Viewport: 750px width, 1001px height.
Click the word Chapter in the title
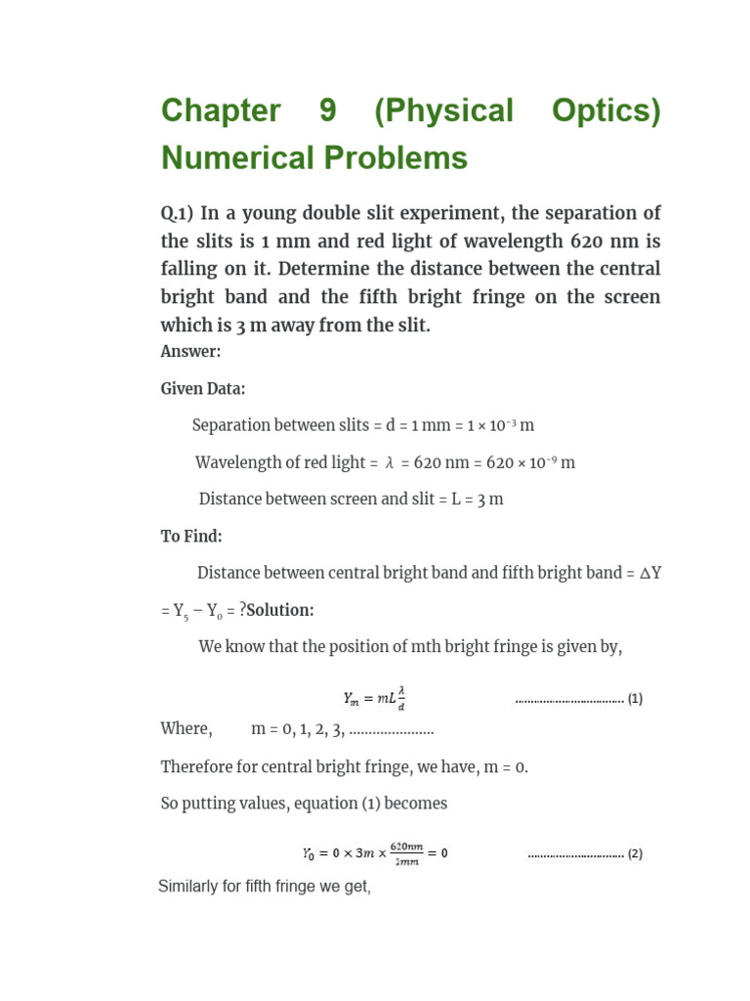pos(221,111)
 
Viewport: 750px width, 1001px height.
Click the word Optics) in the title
pos(605,111)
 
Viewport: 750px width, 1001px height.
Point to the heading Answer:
pos(190,351)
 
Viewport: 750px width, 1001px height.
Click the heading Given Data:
pos(203,389)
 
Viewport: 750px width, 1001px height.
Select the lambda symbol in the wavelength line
pos(390,463)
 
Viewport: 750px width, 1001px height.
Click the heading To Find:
pos(191,537)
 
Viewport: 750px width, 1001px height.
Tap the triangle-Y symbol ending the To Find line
pos(650,574)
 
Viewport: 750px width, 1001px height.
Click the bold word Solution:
pos(280,610)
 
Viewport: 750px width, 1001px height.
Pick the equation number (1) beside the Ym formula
pos(635,699)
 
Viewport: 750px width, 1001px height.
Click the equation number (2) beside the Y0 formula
pos(635,853)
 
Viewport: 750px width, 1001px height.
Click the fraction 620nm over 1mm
pos(405,853)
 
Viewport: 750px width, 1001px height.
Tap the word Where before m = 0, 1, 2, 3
pos(186,729)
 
